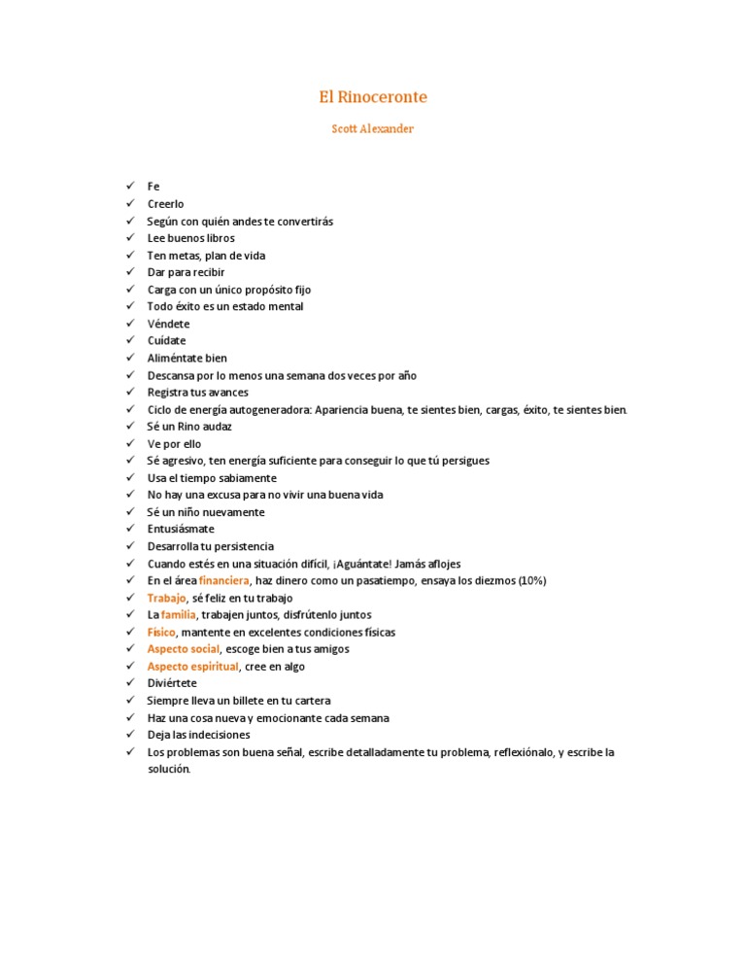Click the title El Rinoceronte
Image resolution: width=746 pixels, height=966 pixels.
373,97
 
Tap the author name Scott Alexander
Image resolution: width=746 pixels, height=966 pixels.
373,129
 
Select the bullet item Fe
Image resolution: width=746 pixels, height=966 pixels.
153,187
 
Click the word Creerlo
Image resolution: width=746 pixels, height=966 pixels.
165,204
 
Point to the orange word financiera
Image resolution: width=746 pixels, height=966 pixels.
224,581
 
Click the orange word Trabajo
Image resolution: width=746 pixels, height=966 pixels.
166,599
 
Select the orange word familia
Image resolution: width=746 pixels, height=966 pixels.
179,615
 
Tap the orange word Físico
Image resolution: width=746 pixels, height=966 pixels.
161,633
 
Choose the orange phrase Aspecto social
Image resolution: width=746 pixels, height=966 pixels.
184,649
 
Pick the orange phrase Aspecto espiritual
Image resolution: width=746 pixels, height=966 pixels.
192,667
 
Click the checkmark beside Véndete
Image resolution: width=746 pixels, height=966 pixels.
128,324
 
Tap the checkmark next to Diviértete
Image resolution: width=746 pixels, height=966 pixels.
128,683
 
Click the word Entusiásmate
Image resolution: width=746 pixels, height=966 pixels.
181,530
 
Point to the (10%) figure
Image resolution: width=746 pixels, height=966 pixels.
530,581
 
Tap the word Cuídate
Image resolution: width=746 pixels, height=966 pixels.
166,341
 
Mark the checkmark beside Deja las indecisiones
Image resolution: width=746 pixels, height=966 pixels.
128,735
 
